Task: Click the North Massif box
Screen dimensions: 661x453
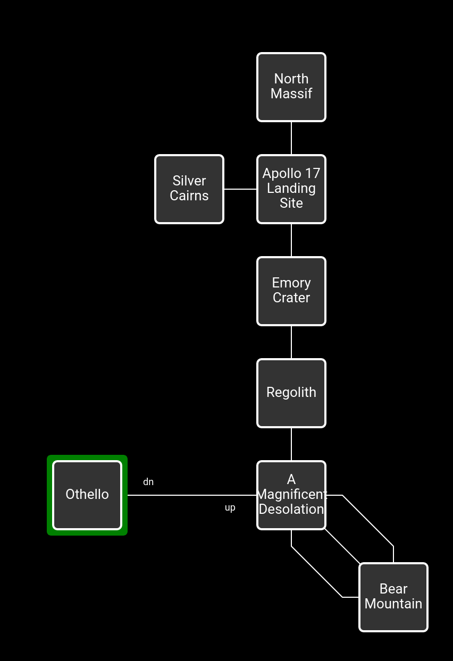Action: tap(291, 87)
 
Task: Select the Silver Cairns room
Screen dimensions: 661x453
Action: tap(189, 189)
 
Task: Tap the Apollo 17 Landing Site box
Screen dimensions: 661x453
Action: tap(291, 189)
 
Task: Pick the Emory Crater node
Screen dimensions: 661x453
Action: tap(291, 291)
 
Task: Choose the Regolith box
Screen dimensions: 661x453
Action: tap(291, 393)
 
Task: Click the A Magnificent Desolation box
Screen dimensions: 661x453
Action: tap(291, 495)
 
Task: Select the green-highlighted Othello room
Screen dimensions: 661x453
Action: tap(87, 495)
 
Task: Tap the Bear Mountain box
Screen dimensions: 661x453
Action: tap(393, 597)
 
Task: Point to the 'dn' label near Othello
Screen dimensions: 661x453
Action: tap(148, 482)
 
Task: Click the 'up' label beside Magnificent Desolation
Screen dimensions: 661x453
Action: tap(230, 508)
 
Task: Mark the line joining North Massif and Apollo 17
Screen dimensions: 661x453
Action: tap(291, 138)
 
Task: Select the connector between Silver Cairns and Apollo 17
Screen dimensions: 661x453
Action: tap(240, 189)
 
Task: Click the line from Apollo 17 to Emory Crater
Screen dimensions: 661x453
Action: tap(291, 240)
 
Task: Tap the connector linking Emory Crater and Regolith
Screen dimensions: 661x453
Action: tap(291, 342)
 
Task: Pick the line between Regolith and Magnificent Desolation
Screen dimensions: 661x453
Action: tap(291, 444)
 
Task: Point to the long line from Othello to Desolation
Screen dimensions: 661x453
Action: tap(191, 495)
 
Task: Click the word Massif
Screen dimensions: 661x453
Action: tap(291, 94)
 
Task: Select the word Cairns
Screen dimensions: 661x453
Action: tap(189, 196)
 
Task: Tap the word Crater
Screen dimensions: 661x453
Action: tap(291, 298)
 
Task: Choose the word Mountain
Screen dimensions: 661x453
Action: tap(393, 604)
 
